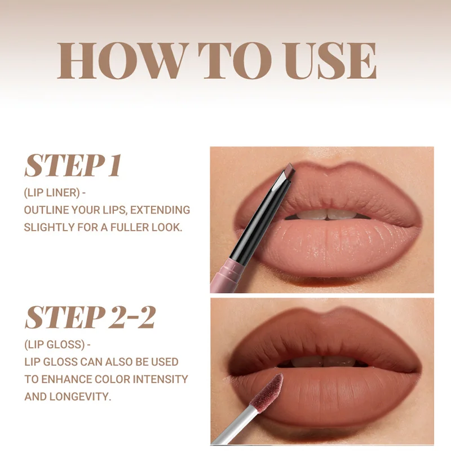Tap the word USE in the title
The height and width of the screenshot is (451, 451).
point(329,61)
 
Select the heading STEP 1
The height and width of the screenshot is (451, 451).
point(73,165)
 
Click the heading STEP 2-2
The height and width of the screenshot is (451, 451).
point(90,317)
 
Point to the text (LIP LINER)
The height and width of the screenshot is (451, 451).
point(52,193)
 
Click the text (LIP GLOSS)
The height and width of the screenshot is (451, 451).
point(55,344)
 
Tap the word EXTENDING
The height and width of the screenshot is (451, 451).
point(160,210)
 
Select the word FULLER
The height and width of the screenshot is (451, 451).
point(130,227)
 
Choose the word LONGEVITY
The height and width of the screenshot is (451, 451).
point(80,396)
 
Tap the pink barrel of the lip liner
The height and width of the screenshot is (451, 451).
point(227,275)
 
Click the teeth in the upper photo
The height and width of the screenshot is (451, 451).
point(326,215)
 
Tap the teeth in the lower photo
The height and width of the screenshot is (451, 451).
point(324,361)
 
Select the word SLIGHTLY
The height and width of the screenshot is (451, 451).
point(49,227)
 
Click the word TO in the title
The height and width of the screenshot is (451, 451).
point(235,61)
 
